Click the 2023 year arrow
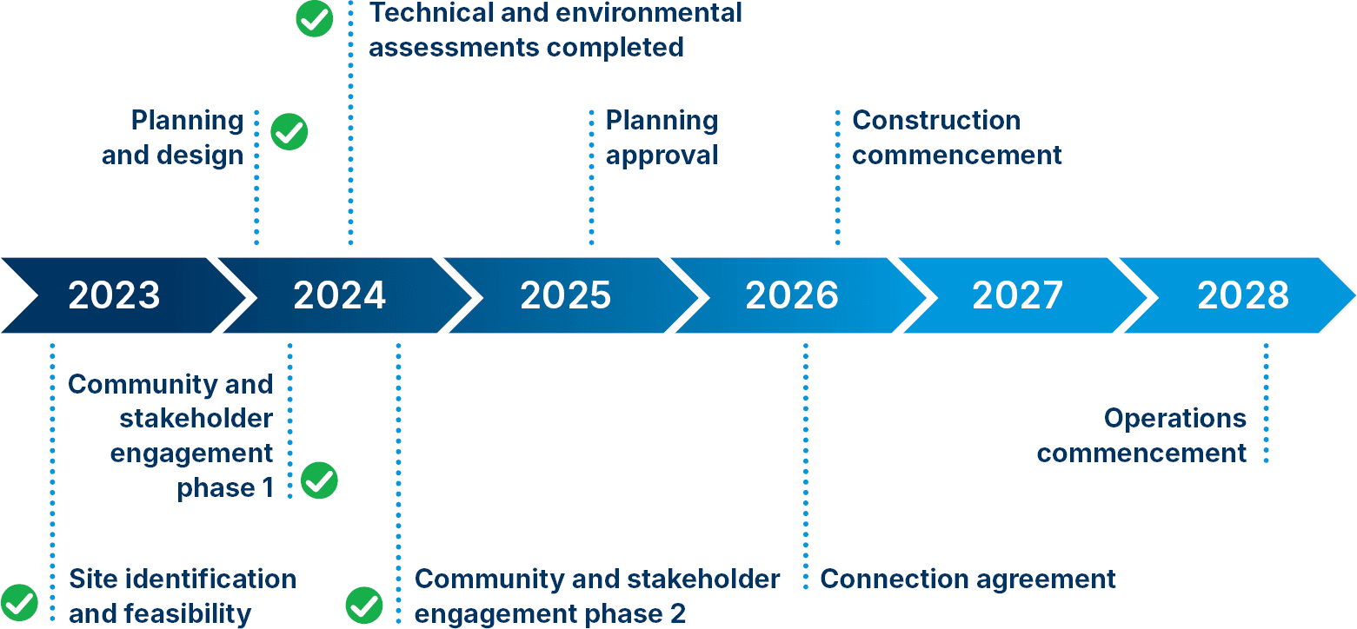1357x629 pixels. pyautogui.click(x=115, y=295)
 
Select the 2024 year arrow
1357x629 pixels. pyautogui.click(x=340, y=295)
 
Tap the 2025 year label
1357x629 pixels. pyautogui.click(x=566, y=295)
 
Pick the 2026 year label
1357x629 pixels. pyautogui.click(x=792, y=295)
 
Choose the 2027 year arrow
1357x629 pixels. pyautogui.click(x=1018, y=295)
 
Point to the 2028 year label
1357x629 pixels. pyautogui.click(x=1243, y=295)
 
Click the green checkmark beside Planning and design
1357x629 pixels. pyautogui.click(x=289, y=133)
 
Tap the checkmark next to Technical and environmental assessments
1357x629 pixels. pyautogui.click(x=315, y=18)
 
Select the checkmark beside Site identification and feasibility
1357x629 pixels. pyautogui.click(x=19, y=602)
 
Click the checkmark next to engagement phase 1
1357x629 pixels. pyautogui.click(x=319, y=480)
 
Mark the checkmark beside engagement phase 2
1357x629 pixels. pyautogui.click(x=364, y=605)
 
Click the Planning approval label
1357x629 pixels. pyautogui.click(x=662, y=137)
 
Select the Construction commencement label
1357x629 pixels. pyautogui.click(x=956, y=137)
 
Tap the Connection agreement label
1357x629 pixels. pyautogui.click(x=968, y=579)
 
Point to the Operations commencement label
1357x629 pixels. pyautogui.click(x=1141, y=435)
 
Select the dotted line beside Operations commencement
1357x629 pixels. pyautogui.click(x=1266, y=403)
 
